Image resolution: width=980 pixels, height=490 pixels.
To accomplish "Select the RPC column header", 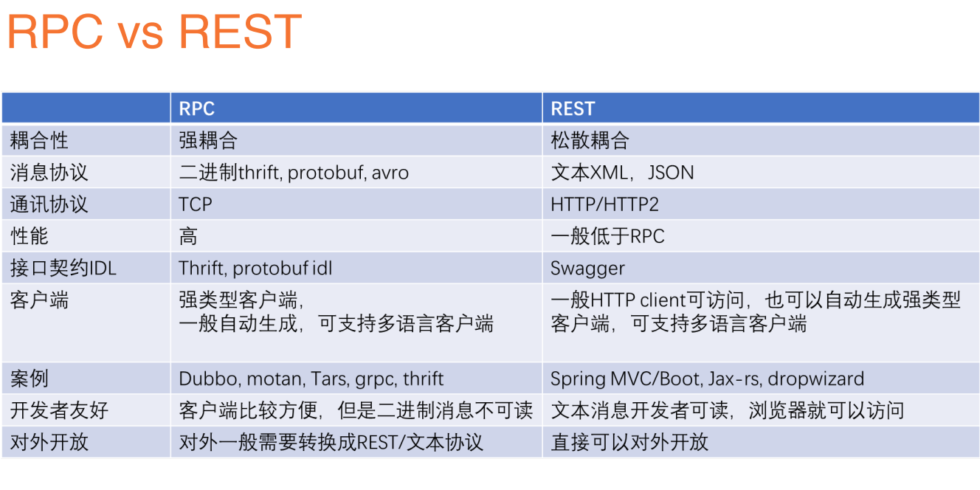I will tap(197, 108).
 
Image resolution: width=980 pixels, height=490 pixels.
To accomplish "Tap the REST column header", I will tap(573, 108).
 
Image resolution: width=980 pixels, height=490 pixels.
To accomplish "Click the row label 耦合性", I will tap(39, 140).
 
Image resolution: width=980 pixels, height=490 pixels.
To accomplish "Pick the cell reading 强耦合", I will tap(208, 140).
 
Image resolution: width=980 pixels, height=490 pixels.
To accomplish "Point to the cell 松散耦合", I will tap(590, 140).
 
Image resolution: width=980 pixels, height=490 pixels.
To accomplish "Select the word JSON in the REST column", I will tap(671, 173).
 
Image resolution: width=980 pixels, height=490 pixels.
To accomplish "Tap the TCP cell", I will tap(196, 204).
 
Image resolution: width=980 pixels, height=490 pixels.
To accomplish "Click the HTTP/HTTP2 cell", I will tap(605, 204).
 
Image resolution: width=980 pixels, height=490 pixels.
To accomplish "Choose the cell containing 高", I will tap(188, 236).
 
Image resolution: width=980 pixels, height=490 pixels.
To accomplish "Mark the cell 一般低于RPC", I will tap(607, 236).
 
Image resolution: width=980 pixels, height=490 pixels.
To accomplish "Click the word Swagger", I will tap(587, 269).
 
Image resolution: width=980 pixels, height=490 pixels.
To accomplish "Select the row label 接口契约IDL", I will tap(63, 269).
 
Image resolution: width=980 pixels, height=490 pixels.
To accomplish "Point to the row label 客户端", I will tap(39, 300).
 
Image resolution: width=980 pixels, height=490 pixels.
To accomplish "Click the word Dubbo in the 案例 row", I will tap(209, 379).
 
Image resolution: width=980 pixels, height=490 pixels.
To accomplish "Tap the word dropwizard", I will tap(815, 379).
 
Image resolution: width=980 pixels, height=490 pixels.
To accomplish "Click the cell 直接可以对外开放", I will tap(629, 442).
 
